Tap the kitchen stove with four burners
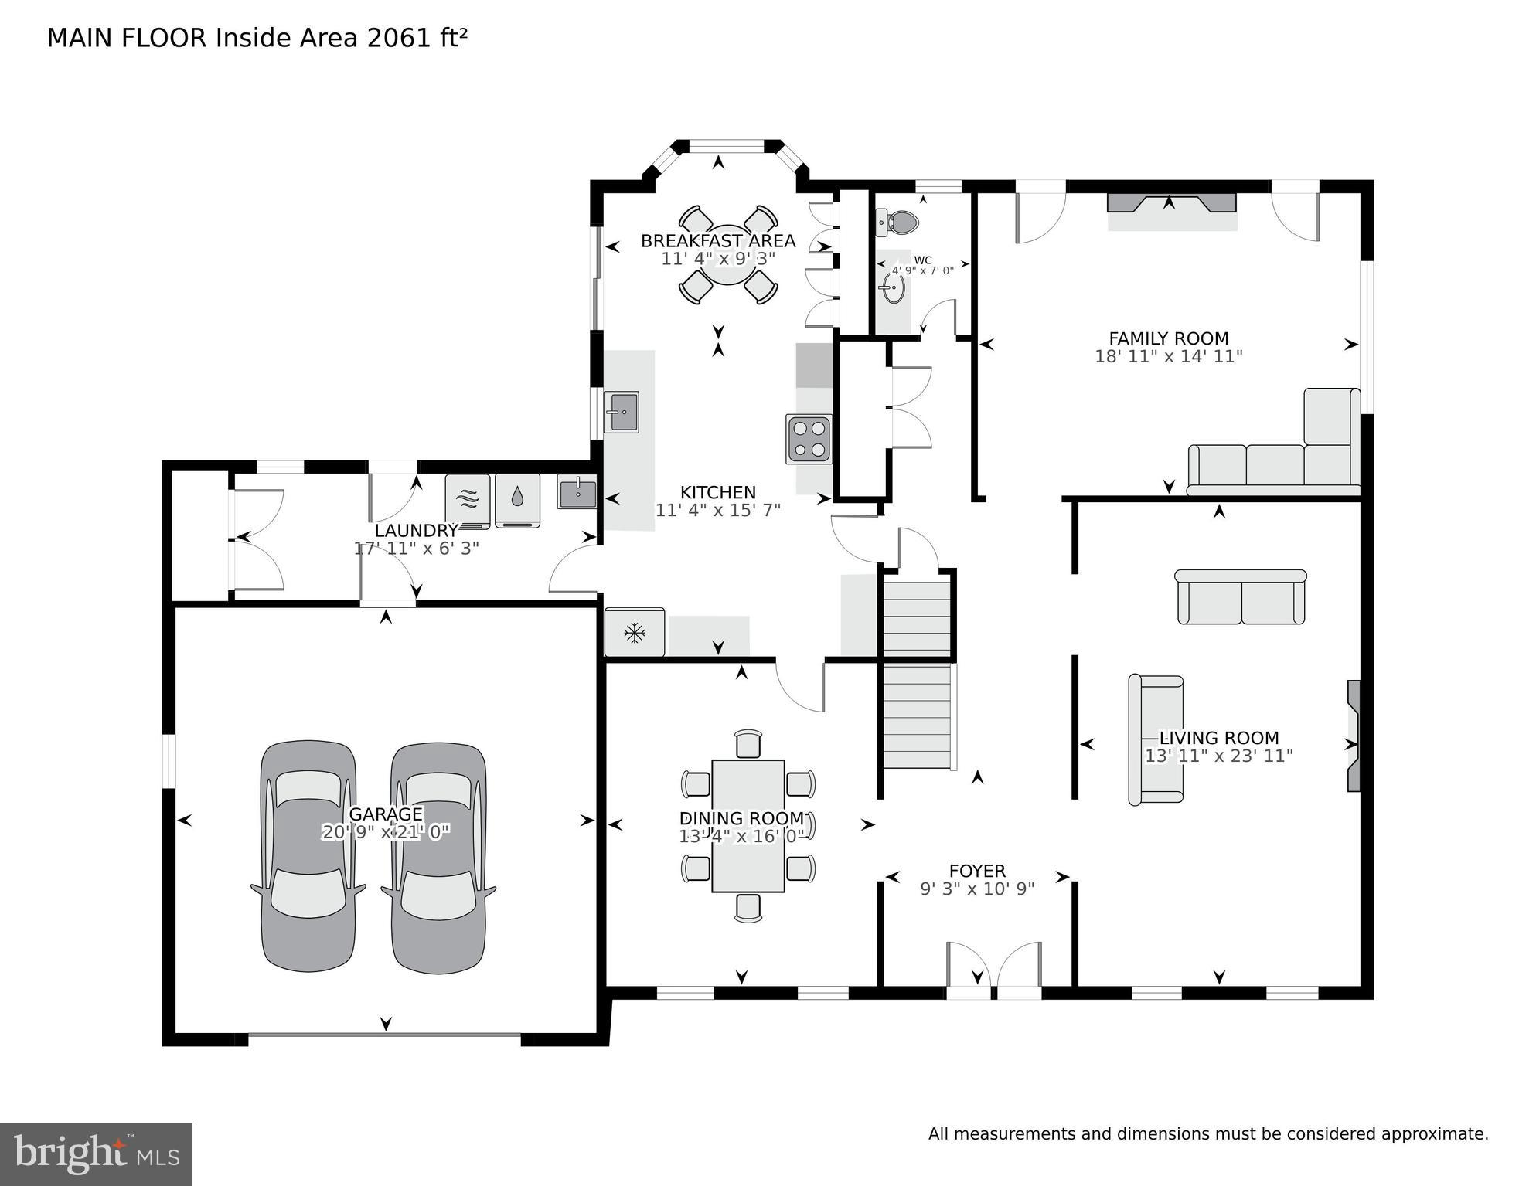click(x=809, y=439)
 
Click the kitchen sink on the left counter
click(x=621, y=412)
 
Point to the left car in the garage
click(x=308, y=856)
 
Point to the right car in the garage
click(x=438, y=856)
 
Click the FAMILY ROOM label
click(x=1168, y=338)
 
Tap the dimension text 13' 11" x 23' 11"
click(x=1218, y=756)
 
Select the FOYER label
click(x=977, y=872)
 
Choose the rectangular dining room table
click(x=748, y=825)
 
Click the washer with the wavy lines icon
click(x=468, y=500)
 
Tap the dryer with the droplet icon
click(x=517, y=500)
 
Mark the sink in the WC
click(x=891, y=288)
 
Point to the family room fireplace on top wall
click(x=1171, y=204)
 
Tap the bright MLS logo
click(x=96, y=1154)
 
